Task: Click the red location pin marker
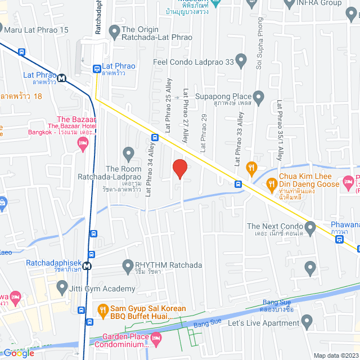coord(179,169)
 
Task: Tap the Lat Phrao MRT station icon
coord(60,78)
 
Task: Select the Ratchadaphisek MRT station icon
coord(86,267)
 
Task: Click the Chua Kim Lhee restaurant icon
coord(272,182)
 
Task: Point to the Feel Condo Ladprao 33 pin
coord(241,59)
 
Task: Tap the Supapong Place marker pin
coord(259,98)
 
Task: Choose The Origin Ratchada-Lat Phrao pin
coord(114,30)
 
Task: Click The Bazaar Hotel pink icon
coord(83,145)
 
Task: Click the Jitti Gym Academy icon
coord(61,289)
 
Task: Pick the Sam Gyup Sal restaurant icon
coord(102,309)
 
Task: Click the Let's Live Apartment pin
coord(307,323)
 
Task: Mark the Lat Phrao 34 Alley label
coord(150,169)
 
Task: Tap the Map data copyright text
coord(335,355)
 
